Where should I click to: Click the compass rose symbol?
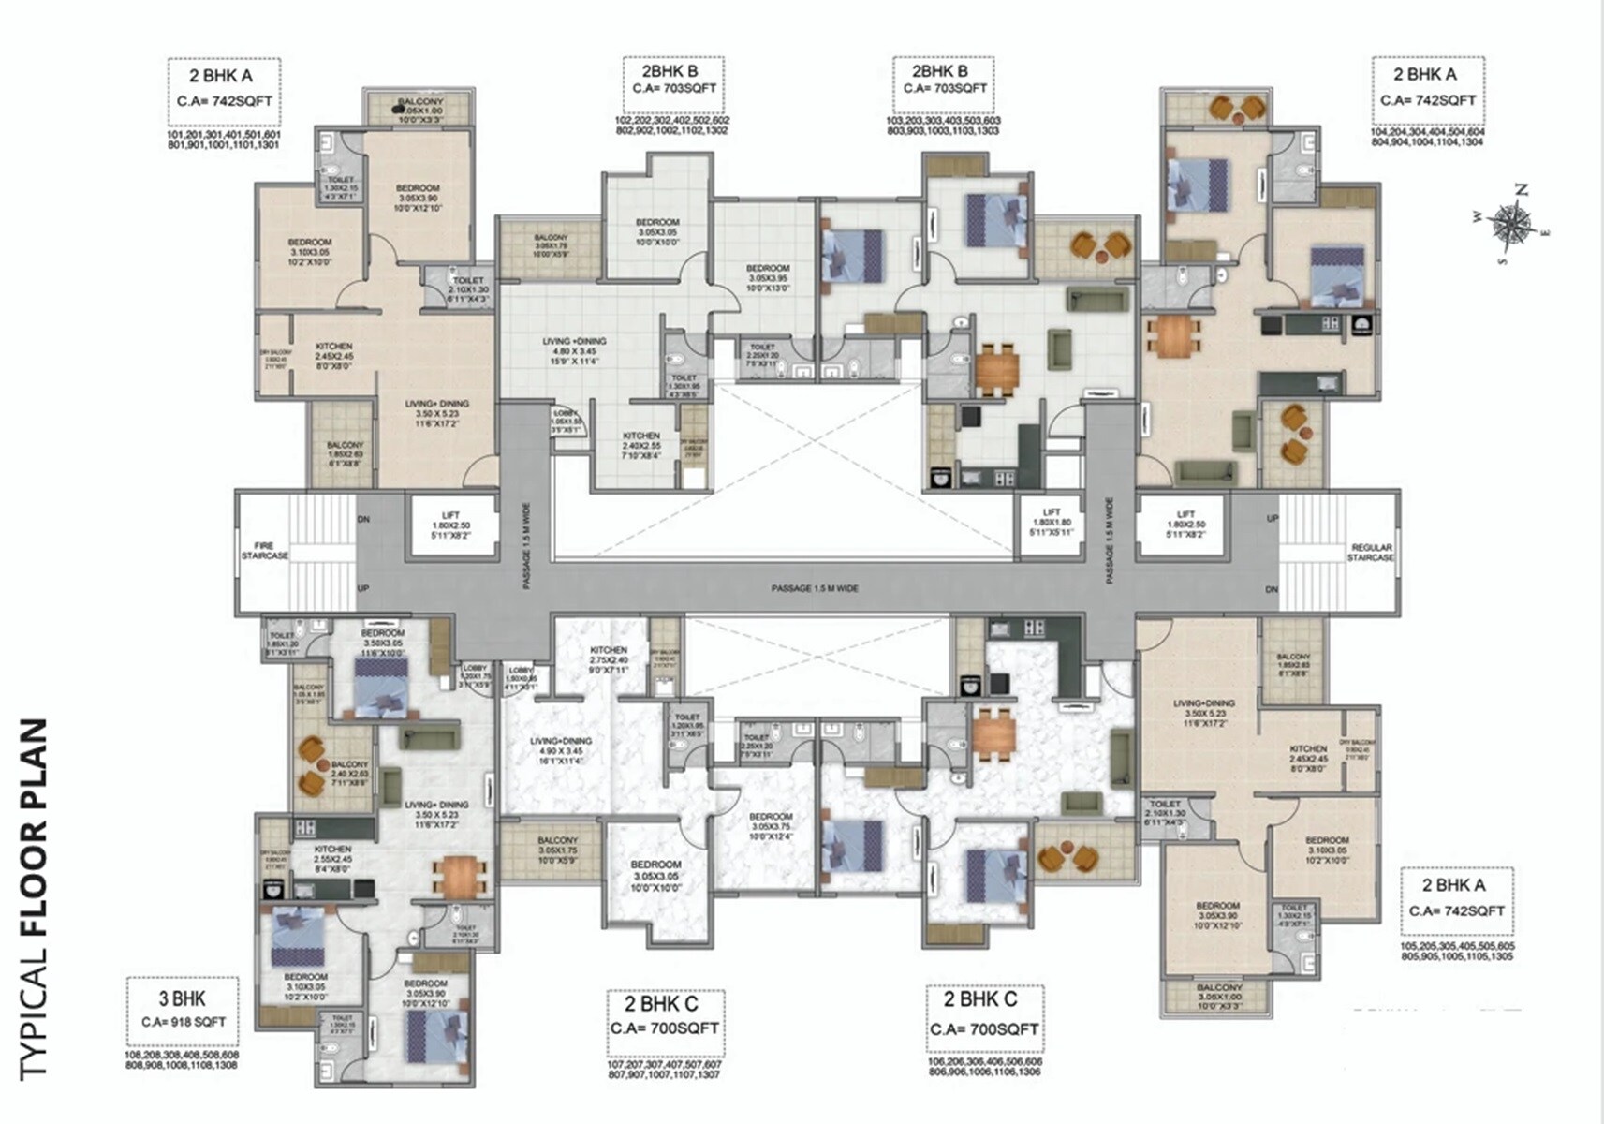(1508, 223)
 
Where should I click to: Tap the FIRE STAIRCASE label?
(265, 551)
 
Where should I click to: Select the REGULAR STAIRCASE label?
(1371, 553)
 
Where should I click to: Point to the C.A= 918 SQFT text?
(184, 1022)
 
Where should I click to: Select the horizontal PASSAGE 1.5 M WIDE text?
(815, 588)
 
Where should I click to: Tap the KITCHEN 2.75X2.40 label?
(609, 655)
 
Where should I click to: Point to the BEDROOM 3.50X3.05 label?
(383, 640)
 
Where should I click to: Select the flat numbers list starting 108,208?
(182, 1059)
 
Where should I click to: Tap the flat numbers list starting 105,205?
(1457, 952)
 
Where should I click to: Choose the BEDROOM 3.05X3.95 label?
(768, 278)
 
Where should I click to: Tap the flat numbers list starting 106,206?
(984, 1067)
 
